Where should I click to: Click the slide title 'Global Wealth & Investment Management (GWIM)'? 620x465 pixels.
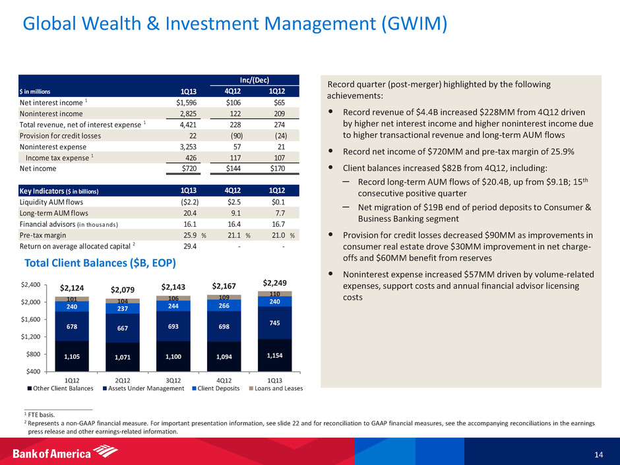235,24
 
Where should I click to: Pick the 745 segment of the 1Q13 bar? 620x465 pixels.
275,323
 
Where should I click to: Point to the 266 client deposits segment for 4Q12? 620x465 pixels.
224,305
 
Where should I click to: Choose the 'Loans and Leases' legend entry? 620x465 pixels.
277,388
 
